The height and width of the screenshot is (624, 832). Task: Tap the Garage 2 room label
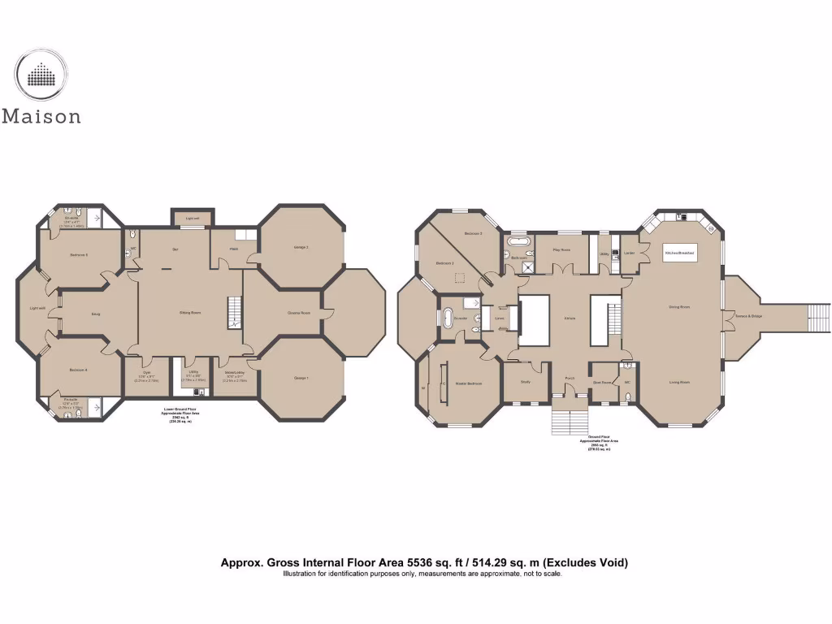(x=301, y=247)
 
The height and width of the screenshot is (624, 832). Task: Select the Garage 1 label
(x=301, y=379)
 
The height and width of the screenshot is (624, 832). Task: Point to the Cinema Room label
(x=300, y=313)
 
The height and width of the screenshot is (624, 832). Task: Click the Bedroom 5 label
(x=79, y=255)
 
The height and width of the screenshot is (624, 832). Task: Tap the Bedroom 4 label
(x=79, y=370)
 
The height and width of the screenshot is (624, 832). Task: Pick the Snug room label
(x=95, y=313)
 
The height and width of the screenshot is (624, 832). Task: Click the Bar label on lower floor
(x=175, y=249)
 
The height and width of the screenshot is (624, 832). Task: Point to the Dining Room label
(x=679, y=307)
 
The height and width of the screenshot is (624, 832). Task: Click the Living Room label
(x=679, y=382)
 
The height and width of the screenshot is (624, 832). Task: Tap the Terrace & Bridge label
(x=747, y=315)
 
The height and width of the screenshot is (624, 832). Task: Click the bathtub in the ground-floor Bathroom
(x=518, y=241)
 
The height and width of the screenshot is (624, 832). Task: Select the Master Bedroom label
(x=469, y=383)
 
